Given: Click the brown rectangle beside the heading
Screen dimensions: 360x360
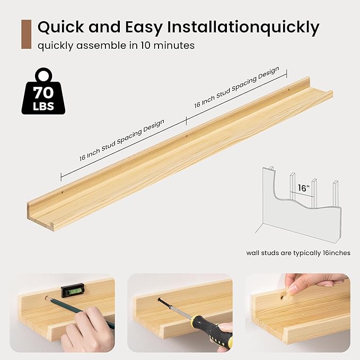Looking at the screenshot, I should (x=26, y=34).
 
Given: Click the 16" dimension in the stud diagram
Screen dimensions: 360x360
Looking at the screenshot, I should (x=303, y=188).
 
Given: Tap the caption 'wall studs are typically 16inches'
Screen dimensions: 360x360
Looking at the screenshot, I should (x=298, y=253).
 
